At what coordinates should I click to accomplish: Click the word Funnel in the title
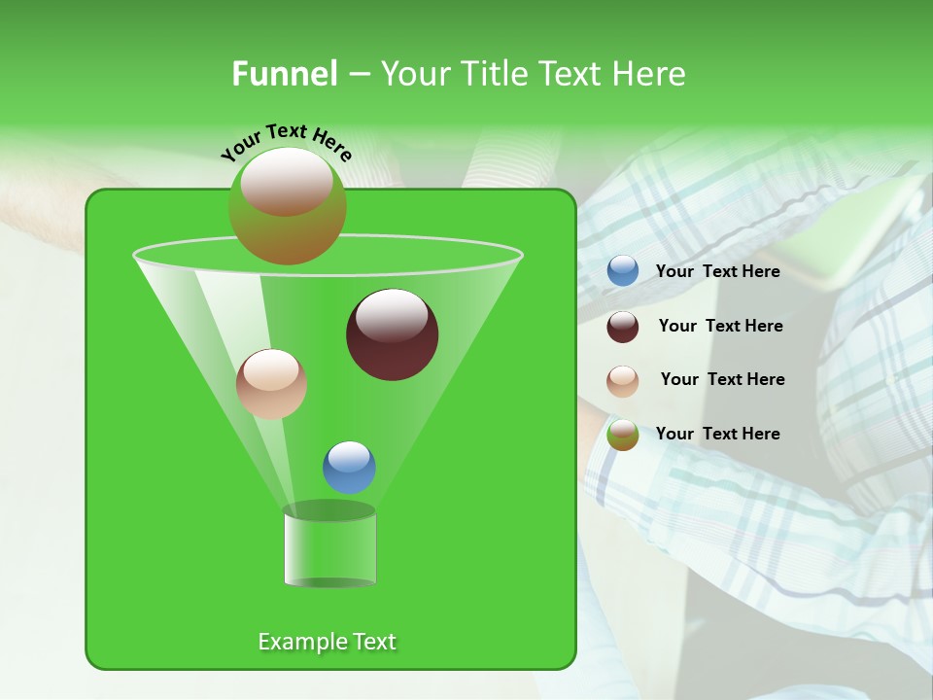(284, 74)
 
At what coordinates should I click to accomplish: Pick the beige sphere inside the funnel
(271, 385)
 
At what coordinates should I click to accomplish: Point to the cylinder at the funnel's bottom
(329, 546)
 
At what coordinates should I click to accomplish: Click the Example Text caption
(327, 642)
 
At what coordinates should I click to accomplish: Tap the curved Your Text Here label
(286, 143)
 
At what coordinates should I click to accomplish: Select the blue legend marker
(623, 271)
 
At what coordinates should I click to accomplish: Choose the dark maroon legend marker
(623, 327)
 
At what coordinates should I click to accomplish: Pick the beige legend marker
(623, 380)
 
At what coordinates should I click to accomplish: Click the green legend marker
(623, 435)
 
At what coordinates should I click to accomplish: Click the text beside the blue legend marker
(717, 272)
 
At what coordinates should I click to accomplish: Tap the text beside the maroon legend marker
(720, 327)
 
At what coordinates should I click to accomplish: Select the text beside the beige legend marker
(722, 380)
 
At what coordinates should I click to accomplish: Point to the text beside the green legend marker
(717, 435)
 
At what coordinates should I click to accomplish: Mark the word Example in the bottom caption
(295, 642)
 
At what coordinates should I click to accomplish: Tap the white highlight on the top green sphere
(287, 181)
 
